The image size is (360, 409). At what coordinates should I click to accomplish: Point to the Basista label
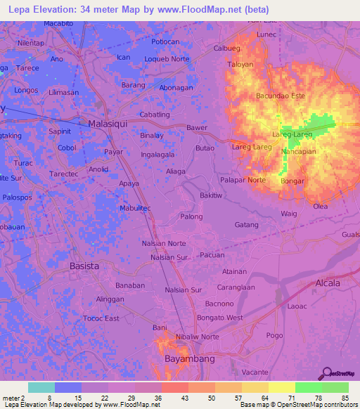click(x=84, y=266)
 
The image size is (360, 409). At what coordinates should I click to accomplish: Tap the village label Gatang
click(x=247, y=225)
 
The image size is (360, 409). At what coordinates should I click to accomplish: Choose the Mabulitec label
click(x=136, y=208)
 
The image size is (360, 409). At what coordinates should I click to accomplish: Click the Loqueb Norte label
click(x=167, y=59)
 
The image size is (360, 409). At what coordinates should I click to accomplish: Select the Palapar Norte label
click(x=243, y=180)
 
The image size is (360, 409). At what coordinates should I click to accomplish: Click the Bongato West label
click(x=220, y=318)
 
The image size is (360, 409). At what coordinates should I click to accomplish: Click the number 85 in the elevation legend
click(x=345, y=398)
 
